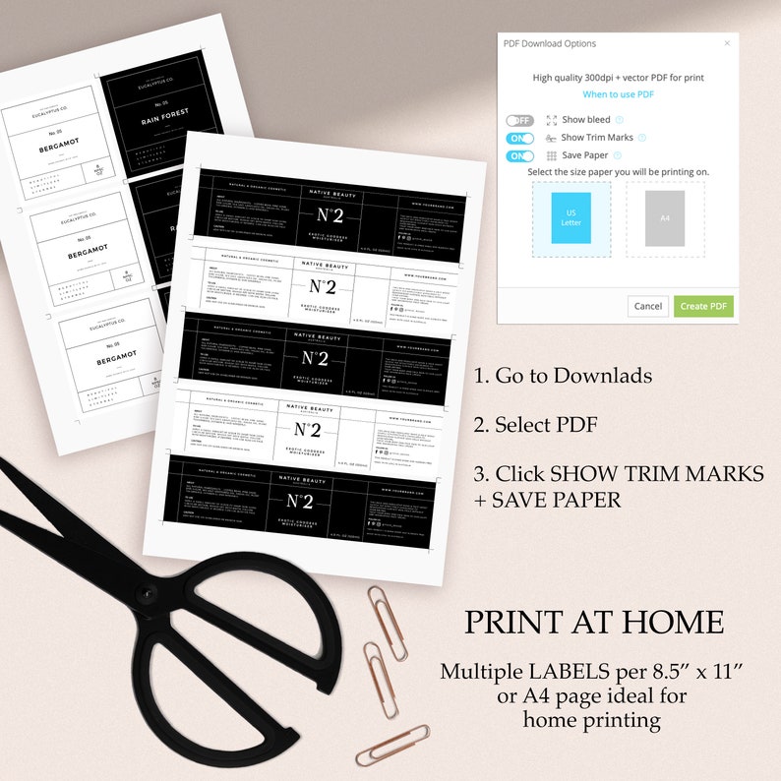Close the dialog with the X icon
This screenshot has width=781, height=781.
[x=727, y=43]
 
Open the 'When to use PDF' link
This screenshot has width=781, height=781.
[x=618, y=94]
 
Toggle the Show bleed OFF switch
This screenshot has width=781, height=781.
[x=520, y=120]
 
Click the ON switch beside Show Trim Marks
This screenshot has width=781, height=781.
[x=520, y=138]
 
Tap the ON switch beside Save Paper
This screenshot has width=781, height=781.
[x=520, y=155]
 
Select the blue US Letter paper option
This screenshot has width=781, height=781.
[x=571, y=218]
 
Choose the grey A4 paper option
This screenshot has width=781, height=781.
[x=665, y=218]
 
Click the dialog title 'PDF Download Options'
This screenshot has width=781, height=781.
[x=550, y=43]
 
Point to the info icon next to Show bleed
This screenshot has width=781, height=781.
[x=620, y=120]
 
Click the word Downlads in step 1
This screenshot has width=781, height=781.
[x=602, y=375]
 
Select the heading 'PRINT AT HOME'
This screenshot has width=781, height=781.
[x=594, y=623]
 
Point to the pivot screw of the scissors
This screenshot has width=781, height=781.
[x=148, y=593]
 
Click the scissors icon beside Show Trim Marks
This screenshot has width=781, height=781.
[x=551, y=138]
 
